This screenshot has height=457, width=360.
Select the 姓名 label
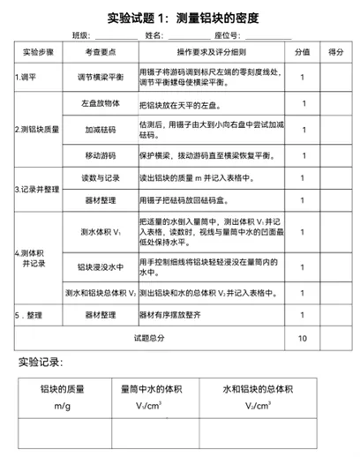coord(153,35)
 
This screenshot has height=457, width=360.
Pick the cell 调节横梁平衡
coord(101,77)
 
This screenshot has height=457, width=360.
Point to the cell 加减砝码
coord(101,129)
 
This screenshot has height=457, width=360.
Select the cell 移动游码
coord(101,154)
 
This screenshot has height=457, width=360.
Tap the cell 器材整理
coord(101,200)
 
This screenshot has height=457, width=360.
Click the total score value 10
coord(303,336)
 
